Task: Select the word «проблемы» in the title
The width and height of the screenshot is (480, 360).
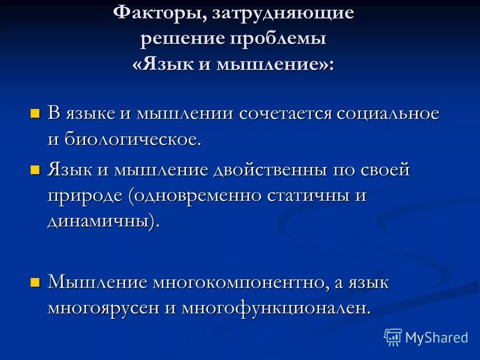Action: (278, 39)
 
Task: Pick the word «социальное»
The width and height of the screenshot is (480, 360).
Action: (388, 113)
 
